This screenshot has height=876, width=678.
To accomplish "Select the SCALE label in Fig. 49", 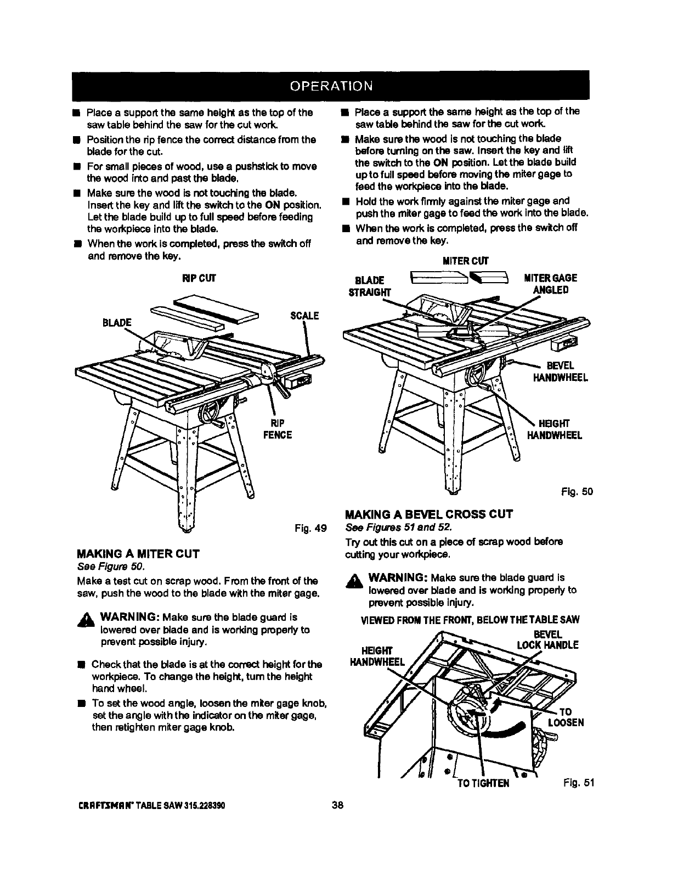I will [304, 315].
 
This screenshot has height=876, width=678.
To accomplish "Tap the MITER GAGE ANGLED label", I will [550, 284].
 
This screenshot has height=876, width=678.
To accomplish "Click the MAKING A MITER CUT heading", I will [138, 553].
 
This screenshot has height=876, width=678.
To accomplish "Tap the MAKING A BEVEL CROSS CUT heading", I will [429, 514].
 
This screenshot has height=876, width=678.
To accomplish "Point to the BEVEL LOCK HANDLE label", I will [547, 639].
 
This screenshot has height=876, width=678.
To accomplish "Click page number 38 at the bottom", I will [337, 805].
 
